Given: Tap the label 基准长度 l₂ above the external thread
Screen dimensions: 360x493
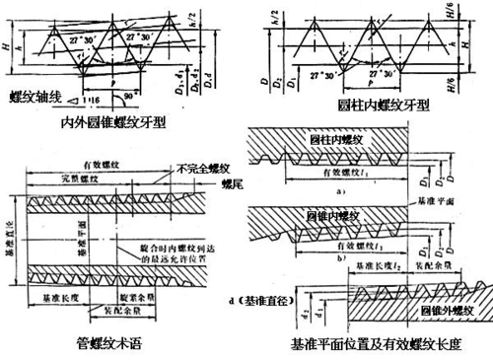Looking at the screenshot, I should pyautogui.click(x=374, y=265).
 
